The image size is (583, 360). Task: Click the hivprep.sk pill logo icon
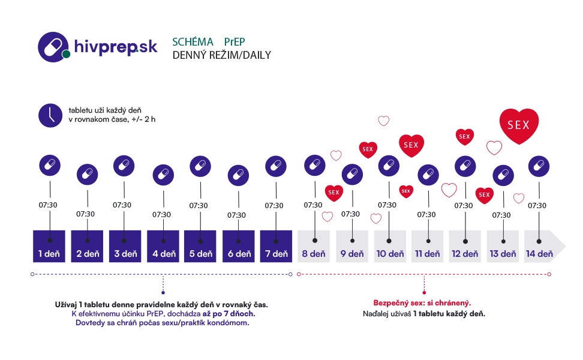point(54,46)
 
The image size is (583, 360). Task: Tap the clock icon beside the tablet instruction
point(50,115)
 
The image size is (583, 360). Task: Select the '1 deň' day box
point(49,246)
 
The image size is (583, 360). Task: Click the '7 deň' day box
point(276,246)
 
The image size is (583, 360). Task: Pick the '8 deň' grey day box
point(314,246)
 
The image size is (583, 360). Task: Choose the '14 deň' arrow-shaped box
point(542,246)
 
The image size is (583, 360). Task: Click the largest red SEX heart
point(519,125)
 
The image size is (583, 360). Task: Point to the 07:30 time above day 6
point(236,215)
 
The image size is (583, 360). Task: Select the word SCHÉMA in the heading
point(193,42)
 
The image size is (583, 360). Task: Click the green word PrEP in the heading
point(235,42)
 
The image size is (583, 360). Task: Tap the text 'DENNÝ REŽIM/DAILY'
point(221,55)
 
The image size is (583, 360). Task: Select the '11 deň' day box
point(427,246)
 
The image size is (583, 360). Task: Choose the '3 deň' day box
point(125,246)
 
